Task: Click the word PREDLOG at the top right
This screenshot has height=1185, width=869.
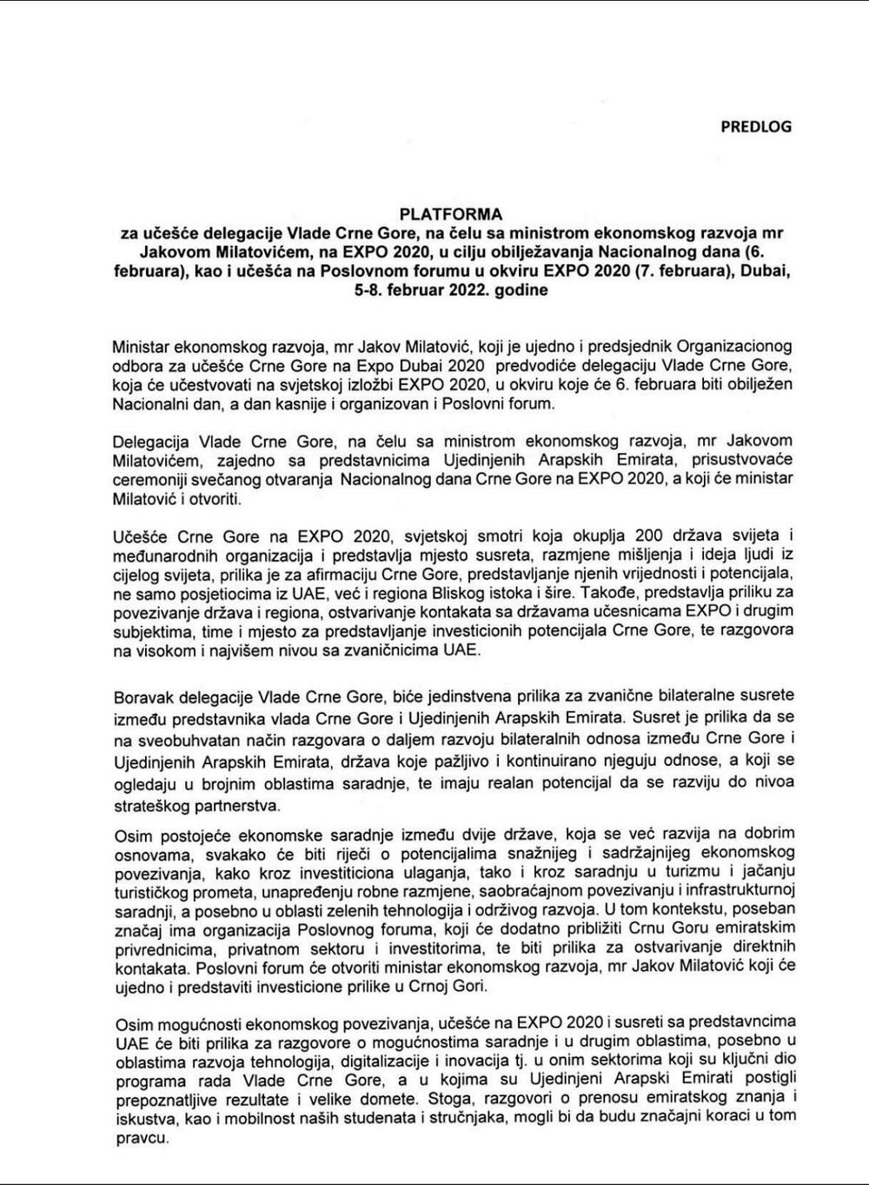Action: point(756,126)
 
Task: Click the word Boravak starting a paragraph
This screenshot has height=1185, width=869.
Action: point(141,697)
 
